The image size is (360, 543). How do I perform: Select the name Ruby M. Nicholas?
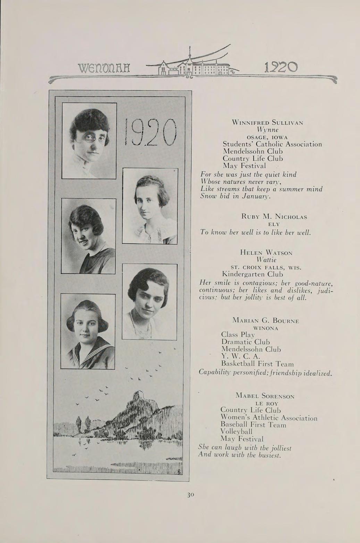click(x=274, y=217)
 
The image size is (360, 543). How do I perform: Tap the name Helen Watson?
click(x=266, y=253)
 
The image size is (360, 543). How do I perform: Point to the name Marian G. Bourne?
click(x=266, y=320)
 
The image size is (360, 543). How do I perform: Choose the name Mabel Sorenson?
click(x=265, y=396)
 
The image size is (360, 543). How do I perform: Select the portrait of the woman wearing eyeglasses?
click(x=89, y=141)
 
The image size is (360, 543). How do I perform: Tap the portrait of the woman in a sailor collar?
click(x=88, y=331)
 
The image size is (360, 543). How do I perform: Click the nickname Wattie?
click(x=266, y=260)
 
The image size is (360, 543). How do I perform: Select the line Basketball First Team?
click(x=257, y=364)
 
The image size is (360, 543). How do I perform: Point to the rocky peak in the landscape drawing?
click(x=139, y=396)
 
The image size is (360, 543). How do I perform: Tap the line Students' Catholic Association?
click(x=272, y=144)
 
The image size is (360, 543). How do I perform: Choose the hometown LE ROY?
click(x=265, y=403)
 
